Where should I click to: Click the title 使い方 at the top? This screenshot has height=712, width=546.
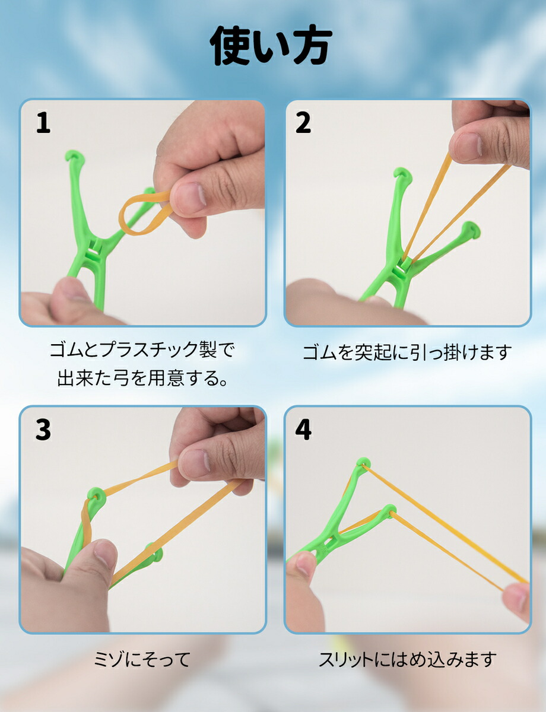tap(271, 46)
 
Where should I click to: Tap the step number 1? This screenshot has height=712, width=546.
tap(43, 123)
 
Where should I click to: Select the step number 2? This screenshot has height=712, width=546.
tap(303, 123)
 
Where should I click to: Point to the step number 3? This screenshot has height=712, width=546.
tap(43, 430)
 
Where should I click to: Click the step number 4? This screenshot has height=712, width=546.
tap(303, 430)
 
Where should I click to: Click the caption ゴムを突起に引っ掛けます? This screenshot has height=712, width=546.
tap(407, 352)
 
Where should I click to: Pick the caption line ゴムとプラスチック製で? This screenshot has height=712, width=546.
tap(142, 350)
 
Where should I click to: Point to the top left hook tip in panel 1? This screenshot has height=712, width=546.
tap(75, 156)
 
